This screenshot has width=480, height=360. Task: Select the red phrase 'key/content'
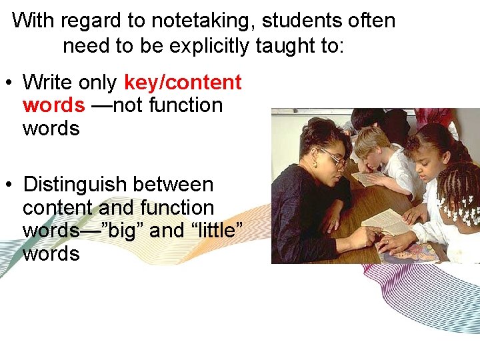coord(183,83)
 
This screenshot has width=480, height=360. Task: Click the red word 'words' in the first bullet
coord(53,105)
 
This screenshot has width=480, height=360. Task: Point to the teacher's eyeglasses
coord(333,159)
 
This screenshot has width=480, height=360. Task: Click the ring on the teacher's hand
coord(333,223)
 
